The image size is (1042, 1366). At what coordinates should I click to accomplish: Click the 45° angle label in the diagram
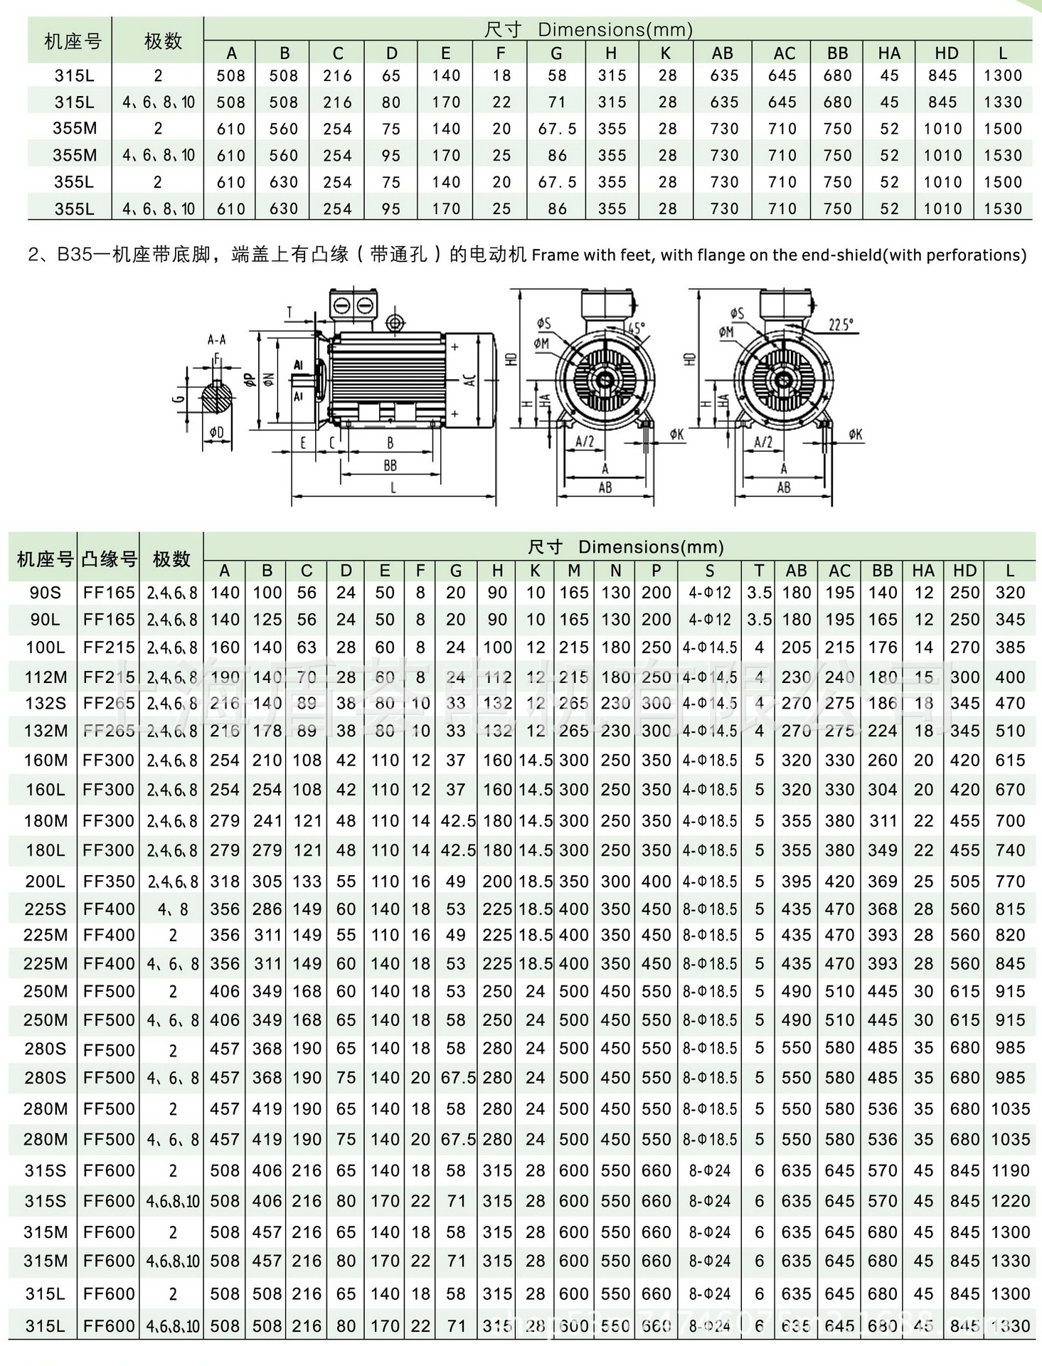[x=635, y=329]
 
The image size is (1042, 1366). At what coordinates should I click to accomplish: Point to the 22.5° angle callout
[x=840, y=324]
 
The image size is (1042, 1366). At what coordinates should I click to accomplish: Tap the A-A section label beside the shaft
[x=216, y=340]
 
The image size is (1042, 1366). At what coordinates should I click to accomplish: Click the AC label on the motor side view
[x=470, y=379]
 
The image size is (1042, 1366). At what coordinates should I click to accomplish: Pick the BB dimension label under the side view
[x=390, y=466]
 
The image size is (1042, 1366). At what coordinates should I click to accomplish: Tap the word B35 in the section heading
[x=75, y=255]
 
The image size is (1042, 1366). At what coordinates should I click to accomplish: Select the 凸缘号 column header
[x=109, y=559]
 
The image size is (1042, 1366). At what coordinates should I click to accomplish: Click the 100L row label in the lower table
[x=45, y=647]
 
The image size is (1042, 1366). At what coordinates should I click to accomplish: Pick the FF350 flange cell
[x=109, y=881]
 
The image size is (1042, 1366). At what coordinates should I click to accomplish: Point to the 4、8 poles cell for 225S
[x=172, y=909]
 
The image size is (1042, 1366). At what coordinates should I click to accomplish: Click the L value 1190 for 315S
[x=1010, y=1170]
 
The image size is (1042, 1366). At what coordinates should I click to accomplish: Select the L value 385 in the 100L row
[x=1010, y=647]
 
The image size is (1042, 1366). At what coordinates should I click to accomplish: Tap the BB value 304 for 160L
[x=882, y=790]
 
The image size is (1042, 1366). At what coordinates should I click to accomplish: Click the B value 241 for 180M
[x=267, y=821]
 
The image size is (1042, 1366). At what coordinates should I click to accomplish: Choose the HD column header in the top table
[x=946, y=53]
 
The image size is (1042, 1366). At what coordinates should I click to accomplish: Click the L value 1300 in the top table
[x=1002, y=75]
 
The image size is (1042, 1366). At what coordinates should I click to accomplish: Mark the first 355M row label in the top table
[x=74, y=129]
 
